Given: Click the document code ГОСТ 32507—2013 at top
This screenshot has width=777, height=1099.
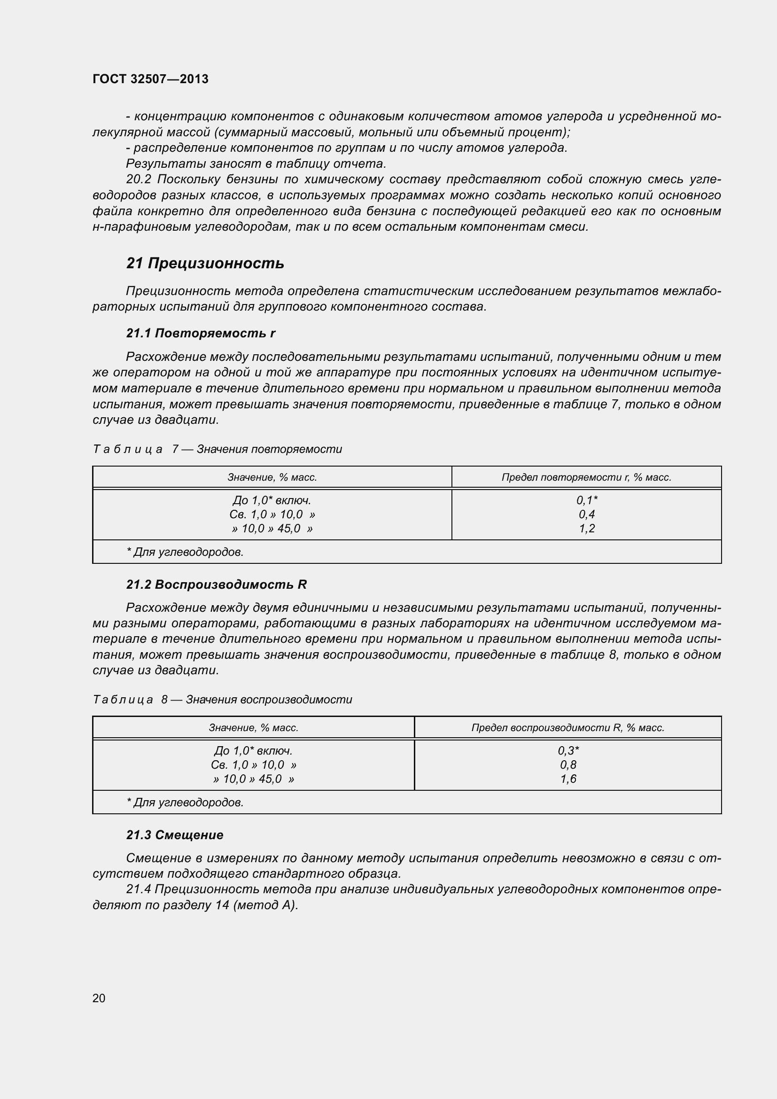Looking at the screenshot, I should (x=150, y=79).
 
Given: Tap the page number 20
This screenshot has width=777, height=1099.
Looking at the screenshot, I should (x=99, y=998).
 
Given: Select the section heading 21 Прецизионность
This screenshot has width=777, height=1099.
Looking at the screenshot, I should (x=205, y=263).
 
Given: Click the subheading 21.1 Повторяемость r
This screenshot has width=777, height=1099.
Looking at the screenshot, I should (x=201, y=333).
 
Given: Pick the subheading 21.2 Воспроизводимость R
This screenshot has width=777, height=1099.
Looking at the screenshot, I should (x=216, y=585).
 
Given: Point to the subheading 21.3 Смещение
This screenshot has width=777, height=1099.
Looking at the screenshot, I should (x=175, y=835).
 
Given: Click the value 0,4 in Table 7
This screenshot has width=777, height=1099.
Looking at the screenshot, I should (x=587, y=514).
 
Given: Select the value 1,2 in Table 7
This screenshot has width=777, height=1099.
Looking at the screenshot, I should (x=587, y=529).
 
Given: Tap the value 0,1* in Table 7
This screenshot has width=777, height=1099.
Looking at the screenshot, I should (x=587, y=500).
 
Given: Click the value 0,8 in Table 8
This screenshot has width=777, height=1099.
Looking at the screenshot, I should (x=568, y=765).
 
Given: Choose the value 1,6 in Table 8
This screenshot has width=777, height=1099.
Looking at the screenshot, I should (x=568, y=779).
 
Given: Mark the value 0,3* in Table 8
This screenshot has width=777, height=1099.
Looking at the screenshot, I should (x=568, y=750).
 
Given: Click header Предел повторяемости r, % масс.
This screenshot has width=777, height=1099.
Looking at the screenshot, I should (x=586, y=477).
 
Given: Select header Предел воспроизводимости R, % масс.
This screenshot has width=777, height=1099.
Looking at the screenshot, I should (x=567, y=727).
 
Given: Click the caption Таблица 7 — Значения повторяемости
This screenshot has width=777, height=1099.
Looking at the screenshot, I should (x=217, y=449).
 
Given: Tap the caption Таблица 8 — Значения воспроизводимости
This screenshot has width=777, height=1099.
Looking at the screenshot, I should (x=223, y=699).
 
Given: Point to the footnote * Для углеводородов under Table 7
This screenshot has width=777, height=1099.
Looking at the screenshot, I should (x=185, y=552).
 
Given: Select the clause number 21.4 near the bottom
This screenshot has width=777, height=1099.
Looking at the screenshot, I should (x=139, y=889).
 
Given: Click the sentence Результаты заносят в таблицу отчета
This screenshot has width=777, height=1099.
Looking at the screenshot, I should (x=256, y=164).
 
